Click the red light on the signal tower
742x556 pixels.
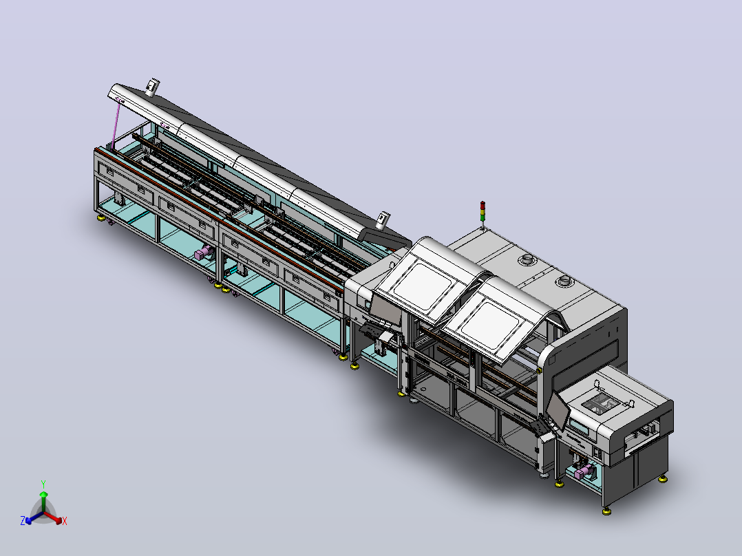coord(483,205)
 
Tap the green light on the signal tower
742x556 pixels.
coord(483,218)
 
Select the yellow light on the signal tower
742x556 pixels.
coord(483,212)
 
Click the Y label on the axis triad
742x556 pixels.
coord(43,484)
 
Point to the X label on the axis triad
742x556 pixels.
coord(65,521)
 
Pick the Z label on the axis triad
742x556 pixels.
coord(23,520)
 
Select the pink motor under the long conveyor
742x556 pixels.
coord(203,253)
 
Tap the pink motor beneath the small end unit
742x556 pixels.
coord(584,472)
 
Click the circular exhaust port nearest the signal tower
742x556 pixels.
coord(527,259)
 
